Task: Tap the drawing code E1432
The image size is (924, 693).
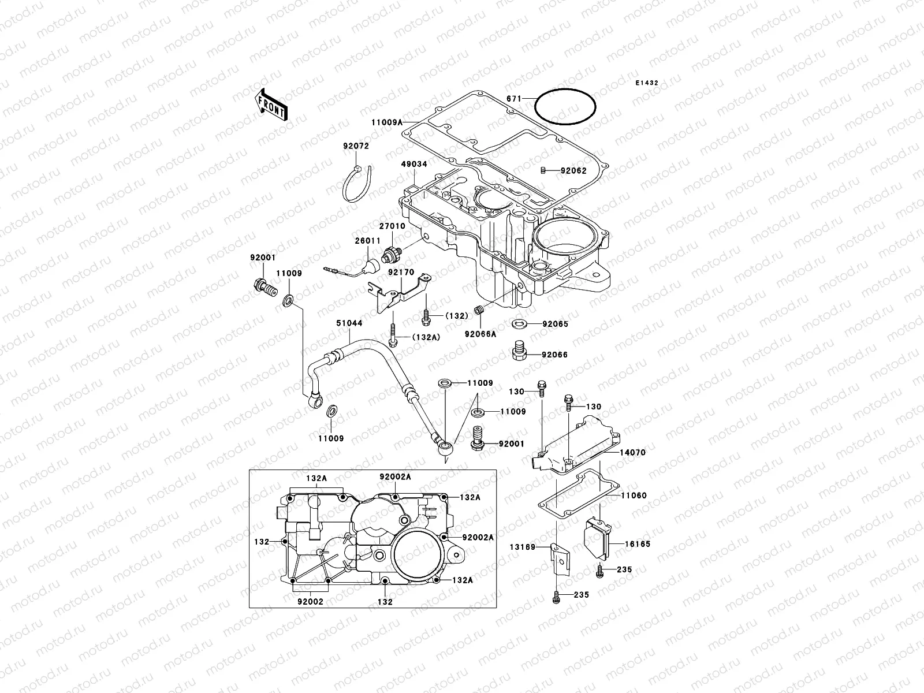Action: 647,83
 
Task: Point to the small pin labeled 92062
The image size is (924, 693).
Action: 543,170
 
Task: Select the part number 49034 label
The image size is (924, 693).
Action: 415,164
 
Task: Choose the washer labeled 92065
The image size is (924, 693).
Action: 518,323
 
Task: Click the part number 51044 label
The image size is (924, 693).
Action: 349,323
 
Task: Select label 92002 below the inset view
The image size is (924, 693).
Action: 310,601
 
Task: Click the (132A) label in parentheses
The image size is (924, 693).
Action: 426,337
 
